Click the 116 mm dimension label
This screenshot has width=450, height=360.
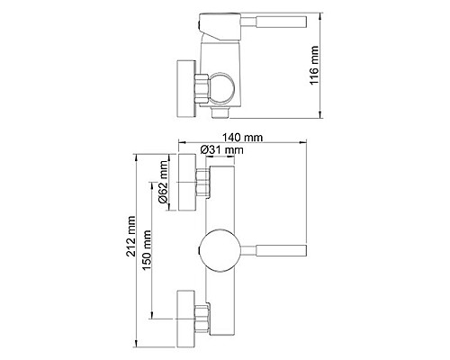click(x=314, y=66)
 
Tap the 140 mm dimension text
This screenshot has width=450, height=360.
click(x=242, y=138)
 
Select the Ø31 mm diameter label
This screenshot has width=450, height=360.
click(x=221, y=149)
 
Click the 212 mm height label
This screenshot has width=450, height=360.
click(x=131, y=236)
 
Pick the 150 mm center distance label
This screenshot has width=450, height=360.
click(x=147, y=250)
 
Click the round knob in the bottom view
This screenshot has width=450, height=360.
click(x=220, y=251)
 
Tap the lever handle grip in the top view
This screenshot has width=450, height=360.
click(x=282, y=22)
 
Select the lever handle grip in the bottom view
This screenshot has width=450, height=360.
click(x=282, y=250)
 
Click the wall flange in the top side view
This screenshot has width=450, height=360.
click(x=186, y=88)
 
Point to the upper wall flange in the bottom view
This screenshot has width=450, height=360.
click(x=187, y=182)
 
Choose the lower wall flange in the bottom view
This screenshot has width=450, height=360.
click(x=186, y=319)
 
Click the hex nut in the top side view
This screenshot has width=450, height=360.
click(x=202, y=89)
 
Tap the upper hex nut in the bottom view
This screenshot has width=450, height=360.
click(x=202, y=183)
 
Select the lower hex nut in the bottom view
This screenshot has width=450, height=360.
click(x=201, y=319)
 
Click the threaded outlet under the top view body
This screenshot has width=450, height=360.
click(x=220, y=112)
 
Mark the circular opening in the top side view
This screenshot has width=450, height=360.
click(x=220, y=89)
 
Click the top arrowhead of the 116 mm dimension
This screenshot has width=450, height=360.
click(x=320, y=16)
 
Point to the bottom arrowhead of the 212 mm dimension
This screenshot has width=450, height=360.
click(x=137, y=344)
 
